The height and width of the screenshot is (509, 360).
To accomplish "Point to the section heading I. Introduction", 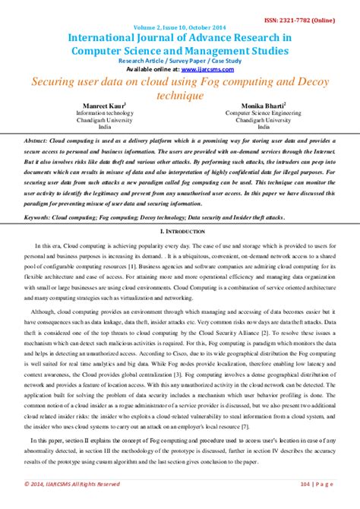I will click(179, 230).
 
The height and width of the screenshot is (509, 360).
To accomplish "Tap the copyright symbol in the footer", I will click(28, 483).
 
